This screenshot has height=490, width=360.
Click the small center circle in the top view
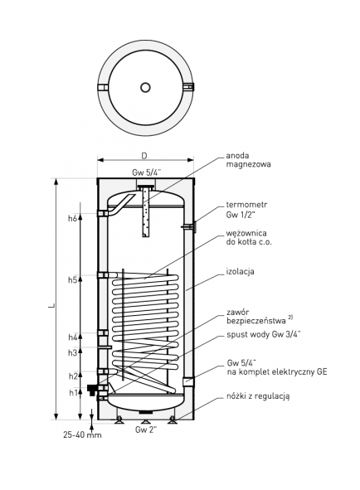click(145, 88)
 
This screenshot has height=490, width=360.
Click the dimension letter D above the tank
click(144, 156)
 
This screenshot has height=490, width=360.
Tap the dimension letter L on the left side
click(51, 306)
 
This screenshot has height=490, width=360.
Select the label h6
click(72, 218)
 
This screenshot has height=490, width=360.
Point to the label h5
click(72, 280)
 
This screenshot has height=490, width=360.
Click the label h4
click(72, 337)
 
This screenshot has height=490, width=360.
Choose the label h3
click(72, 353)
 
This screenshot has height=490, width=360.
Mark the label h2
click(73, 376)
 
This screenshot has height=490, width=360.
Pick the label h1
click(73, 393)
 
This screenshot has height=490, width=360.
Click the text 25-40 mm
click(82, 434)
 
